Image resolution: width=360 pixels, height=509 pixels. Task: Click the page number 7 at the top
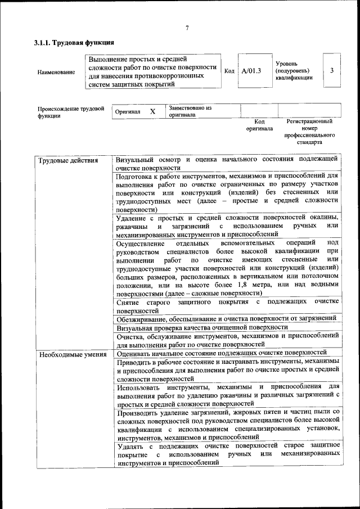(x=187, y=28)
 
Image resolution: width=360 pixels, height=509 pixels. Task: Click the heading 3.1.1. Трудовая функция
(x=74, y=43)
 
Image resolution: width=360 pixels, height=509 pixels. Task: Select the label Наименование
(x=56, y=72)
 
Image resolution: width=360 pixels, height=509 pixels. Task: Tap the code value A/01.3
(x=251, y=71)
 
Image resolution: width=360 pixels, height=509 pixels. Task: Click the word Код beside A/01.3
(x=229, y=71)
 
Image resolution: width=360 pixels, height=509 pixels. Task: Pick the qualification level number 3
(x=332, y=70)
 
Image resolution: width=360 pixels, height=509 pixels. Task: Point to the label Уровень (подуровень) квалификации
(x=293, y=71)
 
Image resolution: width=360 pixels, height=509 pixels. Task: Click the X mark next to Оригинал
(x=152, y=111)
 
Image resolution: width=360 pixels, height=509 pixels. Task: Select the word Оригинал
(x=127, y=111)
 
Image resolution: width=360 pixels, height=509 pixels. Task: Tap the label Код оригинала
(x=259, y=125)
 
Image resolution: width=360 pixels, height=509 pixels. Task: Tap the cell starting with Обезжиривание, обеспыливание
(x=227, y=317)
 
